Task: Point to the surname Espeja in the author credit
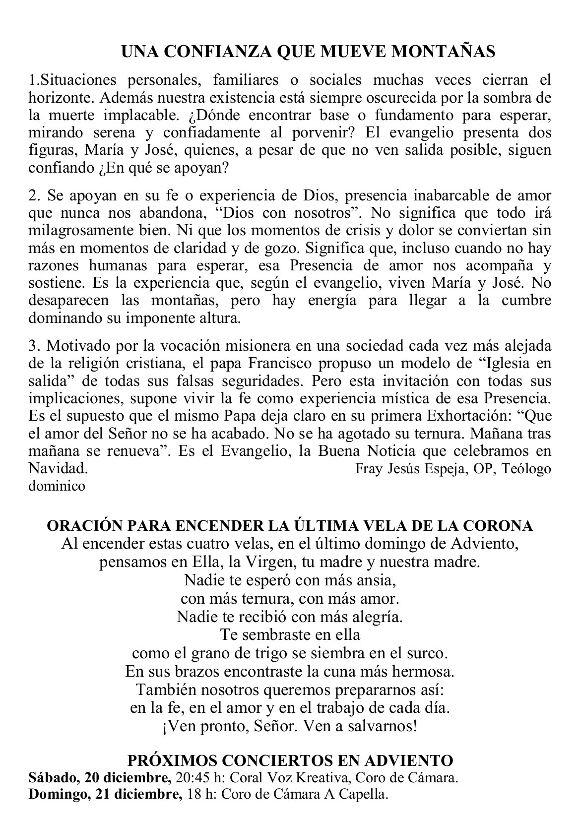[x=444, y=469]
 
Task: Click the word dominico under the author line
[x=57, y=486]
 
